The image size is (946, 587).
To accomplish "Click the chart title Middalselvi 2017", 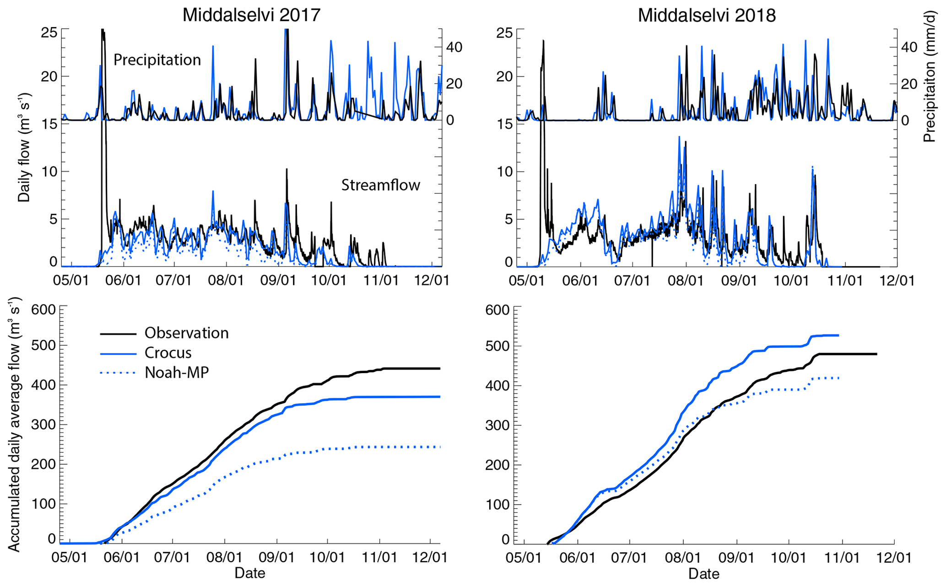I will pos(251,15).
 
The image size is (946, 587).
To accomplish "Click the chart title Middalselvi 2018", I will pos(707,15).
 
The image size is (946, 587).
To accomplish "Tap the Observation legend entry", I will pos(186,333).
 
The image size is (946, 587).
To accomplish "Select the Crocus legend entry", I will pos(168,353).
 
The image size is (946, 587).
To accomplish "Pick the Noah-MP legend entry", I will pos(177,372).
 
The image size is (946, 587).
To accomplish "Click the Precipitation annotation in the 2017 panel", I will pos(157,60).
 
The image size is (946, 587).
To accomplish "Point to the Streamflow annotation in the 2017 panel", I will pos(380,185).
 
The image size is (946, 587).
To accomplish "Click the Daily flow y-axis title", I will pos(24,147).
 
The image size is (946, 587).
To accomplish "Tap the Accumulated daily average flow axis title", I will pos(15,424).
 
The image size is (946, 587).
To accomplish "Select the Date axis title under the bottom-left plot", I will pos(250,573).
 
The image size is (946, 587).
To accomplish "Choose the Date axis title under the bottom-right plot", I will pos(704,574).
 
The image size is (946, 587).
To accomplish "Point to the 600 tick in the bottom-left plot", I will pos(43,310).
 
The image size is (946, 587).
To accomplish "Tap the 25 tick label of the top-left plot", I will pos(49,33).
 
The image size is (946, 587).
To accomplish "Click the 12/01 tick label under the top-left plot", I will pos(431,280).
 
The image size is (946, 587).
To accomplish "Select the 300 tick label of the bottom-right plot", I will pos(497,425).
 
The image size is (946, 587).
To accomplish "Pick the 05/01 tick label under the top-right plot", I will pos(527,280).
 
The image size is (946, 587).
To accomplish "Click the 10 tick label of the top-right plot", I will pos(504,172).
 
